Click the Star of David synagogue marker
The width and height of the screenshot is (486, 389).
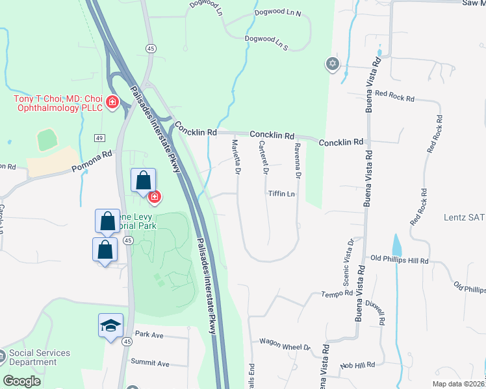coord(333,64)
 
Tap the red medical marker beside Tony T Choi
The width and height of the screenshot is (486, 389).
coord(112,102)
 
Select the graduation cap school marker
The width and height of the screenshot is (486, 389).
coord(110,324)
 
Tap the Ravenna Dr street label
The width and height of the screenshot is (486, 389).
coord(297,161)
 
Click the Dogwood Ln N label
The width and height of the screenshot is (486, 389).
coord(281,14)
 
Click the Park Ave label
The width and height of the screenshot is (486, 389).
coord(149,335)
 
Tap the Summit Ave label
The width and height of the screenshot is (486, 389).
coord(149,363)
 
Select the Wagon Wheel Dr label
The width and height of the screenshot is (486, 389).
coord(285,344)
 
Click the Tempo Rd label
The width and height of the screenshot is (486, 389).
coord(336,295)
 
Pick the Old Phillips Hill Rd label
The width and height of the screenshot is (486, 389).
coord(400,260)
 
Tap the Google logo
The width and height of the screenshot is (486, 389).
coord(22,381)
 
